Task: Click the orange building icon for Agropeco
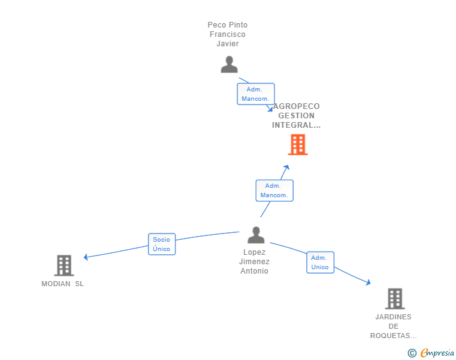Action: (298, 145)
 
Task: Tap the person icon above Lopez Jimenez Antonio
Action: (256, 235)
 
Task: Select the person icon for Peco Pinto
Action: (229, 64)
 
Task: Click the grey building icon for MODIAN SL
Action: (64, 265)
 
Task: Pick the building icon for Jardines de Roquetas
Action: (395, 299)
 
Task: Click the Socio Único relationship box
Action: (162, 244)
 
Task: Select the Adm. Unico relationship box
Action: (320, 262)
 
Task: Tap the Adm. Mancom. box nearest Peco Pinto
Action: (256, 94)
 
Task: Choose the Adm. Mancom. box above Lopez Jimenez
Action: (274, 190)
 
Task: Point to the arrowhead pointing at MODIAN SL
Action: (86, 257)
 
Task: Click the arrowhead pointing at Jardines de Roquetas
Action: (368, 282)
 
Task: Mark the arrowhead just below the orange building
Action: (287, 168)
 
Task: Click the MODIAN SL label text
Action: (63, 284)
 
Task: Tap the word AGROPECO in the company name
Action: (296, 106)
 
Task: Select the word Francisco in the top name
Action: (227, 34)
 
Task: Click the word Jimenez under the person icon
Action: (254, 262)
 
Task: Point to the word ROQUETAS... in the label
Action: (393, 336)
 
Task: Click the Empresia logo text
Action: (437, 352)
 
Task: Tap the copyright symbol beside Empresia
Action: (412, 353)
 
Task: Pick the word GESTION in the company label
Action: (296, 116)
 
